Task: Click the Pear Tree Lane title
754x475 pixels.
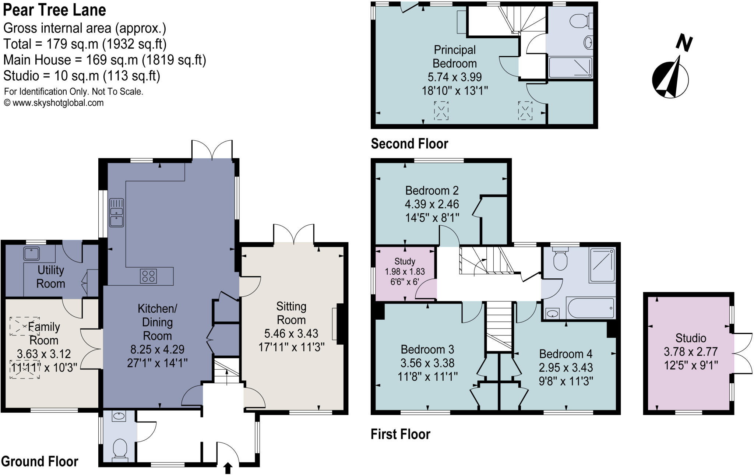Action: [54, 10]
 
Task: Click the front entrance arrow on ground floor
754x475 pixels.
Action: [228, 468]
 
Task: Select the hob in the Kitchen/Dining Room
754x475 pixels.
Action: [148, 276]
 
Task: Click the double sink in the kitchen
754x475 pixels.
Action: [117, 213]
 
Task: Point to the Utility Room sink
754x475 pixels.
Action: [32, 253]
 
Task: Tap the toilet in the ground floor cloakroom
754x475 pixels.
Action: [120, 448]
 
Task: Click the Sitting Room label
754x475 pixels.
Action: [291, 313]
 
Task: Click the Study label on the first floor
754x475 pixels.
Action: [405, 261]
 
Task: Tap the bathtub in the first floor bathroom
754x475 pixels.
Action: [590, 308]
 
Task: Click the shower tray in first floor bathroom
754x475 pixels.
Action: [602, 265]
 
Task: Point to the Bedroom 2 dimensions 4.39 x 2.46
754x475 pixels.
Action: [432, 204]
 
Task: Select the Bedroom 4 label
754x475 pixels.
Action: [565, 354]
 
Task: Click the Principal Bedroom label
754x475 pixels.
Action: [454, 56]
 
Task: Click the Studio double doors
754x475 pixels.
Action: [741, 353]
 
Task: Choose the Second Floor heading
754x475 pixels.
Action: [409, 144]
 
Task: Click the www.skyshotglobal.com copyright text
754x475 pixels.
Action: [54, 103]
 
